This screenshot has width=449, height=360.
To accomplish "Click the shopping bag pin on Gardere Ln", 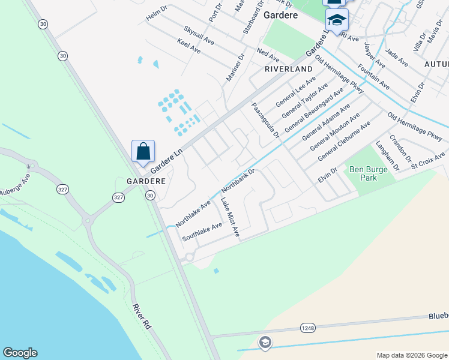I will [x=143, y=152].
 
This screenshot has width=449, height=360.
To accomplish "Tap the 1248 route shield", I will [x=307, y=328].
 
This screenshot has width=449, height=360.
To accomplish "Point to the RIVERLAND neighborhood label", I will [x=289, y=69].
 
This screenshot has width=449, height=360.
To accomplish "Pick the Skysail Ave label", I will [x=199, y=35].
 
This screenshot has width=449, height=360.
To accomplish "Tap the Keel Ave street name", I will [x=188, y=45].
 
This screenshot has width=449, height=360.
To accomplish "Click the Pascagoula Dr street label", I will [x=265, y=119].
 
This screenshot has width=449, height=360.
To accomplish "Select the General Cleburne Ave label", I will [x=344, y=140].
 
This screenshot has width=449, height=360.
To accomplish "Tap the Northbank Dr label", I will [x=238, y=180].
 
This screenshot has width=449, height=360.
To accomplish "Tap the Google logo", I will [x=20, y=353].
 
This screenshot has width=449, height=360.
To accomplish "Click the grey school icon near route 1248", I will [x=265, y=343].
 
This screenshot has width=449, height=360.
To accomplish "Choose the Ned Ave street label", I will [x=268, y=55].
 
